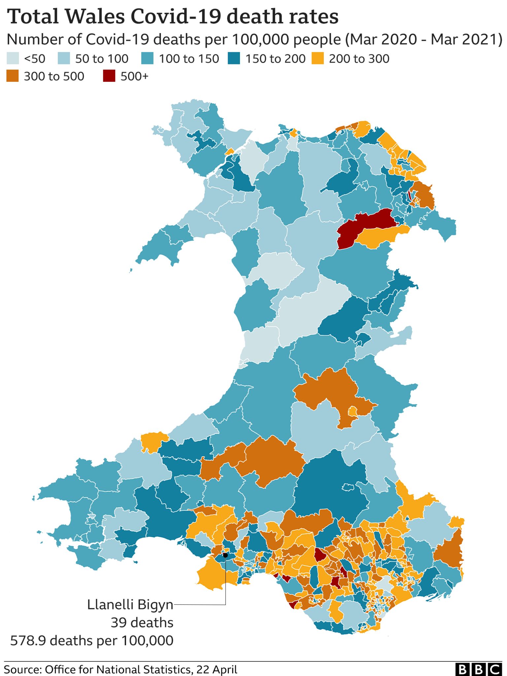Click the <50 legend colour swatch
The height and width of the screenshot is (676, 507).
click(13, 59)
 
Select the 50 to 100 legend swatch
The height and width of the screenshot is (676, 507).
click(64, 59)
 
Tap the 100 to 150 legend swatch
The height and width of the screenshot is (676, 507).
click(147, 59)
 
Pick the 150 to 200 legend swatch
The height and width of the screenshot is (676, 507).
click(234, 59)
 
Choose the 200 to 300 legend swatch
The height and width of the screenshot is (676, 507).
click(318, 59)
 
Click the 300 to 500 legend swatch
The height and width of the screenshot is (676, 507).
click(13, 76)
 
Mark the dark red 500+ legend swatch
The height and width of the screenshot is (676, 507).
click(109, 76)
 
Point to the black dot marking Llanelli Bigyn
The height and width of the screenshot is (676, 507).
click(225, 555)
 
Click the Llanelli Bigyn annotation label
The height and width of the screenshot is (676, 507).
click(130, 605)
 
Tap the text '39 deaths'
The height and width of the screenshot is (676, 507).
click(142, 623)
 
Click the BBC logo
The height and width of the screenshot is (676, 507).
click(479, 669)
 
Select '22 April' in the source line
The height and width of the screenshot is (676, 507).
click(217, 669)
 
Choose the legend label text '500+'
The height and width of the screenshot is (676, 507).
click(135, 76)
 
